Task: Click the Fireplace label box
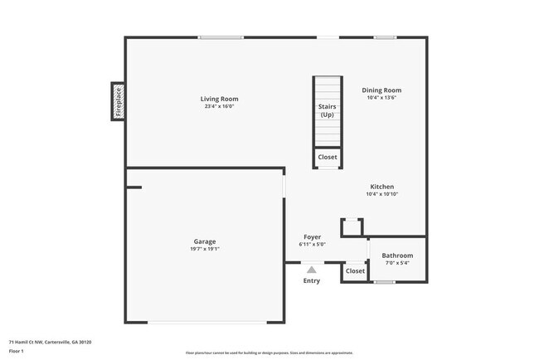[118, 101]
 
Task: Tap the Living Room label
[220, 99]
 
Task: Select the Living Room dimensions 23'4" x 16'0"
[220, 106]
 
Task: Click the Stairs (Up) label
[327, 110]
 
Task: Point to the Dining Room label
[381, 90]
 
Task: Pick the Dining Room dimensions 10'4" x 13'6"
[381, 98]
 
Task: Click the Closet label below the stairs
[327, 157]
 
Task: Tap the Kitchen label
[381, 187]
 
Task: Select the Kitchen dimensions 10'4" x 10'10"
[381, 194]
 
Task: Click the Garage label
[205, 241]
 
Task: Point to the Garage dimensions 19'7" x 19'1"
[205, 248]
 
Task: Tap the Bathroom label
[397, 255]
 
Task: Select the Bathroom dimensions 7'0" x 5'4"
[397, 263]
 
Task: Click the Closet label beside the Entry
[355, 271]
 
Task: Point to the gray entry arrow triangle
[311, 269]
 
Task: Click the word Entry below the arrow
[311, 280]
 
